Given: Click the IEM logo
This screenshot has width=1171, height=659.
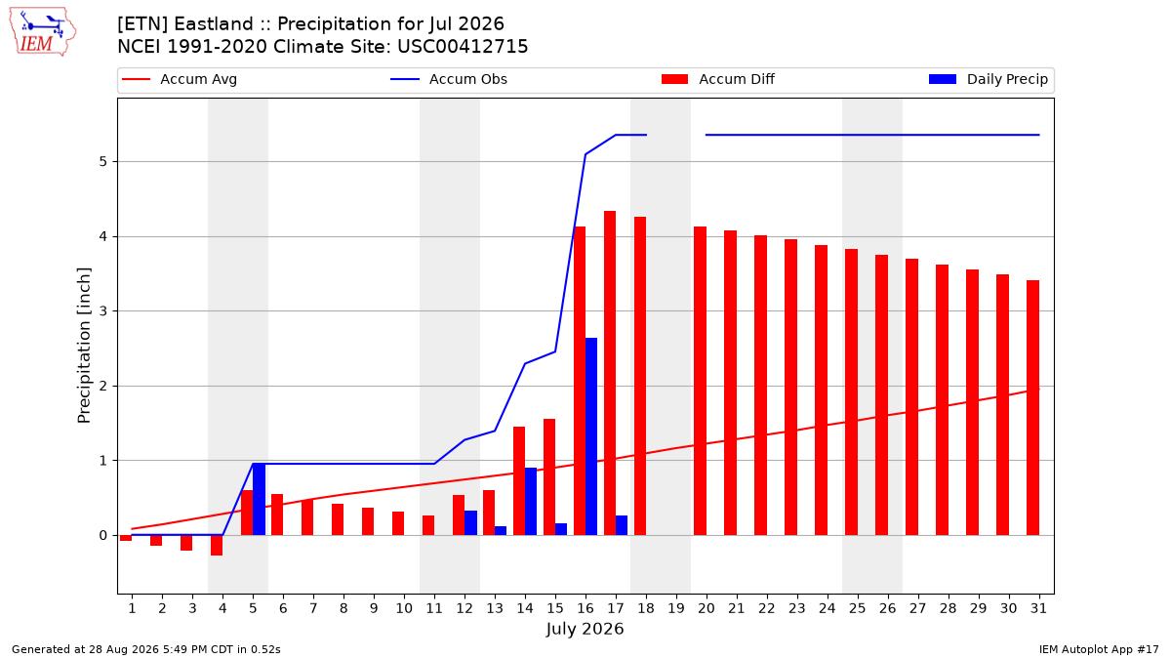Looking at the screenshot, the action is [43, 32].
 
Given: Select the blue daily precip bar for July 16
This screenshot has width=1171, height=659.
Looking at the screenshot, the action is [591, 436].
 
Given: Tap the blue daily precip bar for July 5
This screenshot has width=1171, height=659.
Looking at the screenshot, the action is [259, 500].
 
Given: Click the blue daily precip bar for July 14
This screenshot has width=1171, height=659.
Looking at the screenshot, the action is [531, 502].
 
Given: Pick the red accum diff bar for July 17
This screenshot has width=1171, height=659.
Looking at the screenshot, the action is [610, 373].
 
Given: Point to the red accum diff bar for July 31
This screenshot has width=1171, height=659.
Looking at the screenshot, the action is [1033, 408].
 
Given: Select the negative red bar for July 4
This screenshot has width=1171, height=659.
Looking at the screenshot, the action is [217, 546].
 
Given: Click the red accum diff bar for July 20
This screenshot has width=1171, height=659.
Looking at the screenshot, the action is [701, 381].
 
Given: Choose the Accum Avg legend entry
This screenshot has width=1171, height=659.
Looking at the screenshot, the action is [180, 79].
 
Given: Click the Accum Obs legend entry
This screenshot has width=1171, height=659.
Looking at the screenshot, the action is [449, 79].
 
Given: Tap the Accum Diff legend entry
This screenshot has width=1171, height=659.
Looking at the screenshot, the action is [718, 79].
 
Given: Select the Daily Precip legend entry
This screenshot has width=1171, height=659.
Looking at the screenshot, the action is [988, 79].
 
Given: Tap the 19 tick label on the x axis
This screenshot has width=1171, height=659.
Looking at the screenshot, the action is [676, 609].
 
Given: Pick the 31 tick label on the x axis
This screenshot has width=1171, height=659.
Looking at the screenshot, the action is [1038, 609].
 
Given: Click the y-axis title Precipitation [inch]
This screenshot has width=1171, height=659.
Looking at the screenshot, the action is [84, 346].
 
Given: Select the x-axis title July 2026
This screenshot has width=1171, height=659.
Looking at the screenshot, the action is [585, 629].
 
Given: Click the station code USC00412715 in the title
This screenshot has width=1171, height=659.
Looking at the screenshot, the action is [463, 47].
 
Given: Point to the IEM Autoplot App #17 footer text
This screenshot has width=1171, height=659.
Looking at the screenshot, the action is [1099, 649].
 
